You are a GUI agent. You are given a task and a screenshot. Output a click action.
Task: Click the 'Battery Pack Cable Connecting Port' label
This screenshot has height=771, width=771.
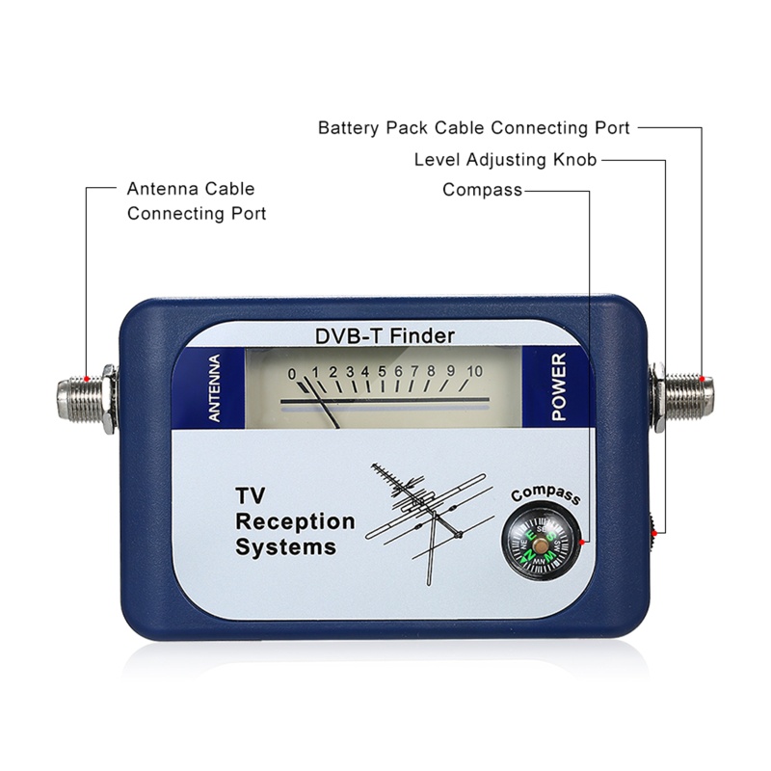pos(473,127)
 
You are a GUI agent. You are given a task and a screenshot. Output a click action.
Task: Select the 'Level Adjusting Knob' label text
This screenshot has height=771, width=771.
pos(505,159)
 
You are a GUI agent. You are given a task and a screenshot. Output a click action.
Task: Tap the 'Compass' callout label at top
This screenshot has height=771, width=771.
pos(482,190)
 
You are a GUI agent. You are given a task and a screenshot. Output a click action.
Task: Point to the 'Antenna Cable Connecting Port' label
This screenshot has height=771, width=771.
pos(196,200)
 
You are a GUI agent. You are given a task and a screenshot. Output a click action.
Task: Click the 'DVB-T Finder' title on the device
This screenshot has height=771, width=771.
pos(385,336)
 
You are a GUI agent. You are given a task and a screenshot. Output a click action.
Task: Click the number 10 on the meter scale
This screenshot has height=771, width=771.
pos(474,370)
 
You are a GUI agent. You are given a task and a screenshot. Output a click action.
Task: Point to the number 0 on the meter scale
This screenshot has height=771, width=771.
pos(291,373)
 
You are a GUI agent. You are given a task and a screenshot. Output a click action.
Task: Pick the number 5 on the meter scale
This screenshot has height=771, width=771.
pos(382,371)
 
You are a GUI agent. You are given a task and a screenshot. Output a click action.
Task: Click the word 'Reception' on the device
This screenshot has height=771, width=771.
pos(296,522)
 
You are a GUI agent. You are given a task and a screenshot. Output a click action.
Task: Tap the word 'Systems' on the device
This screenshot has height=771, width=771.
pos(286,547)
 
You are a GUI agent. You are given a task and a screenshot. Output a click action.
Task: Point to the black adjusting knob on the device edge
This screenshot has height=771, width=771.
pos(654,527)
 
